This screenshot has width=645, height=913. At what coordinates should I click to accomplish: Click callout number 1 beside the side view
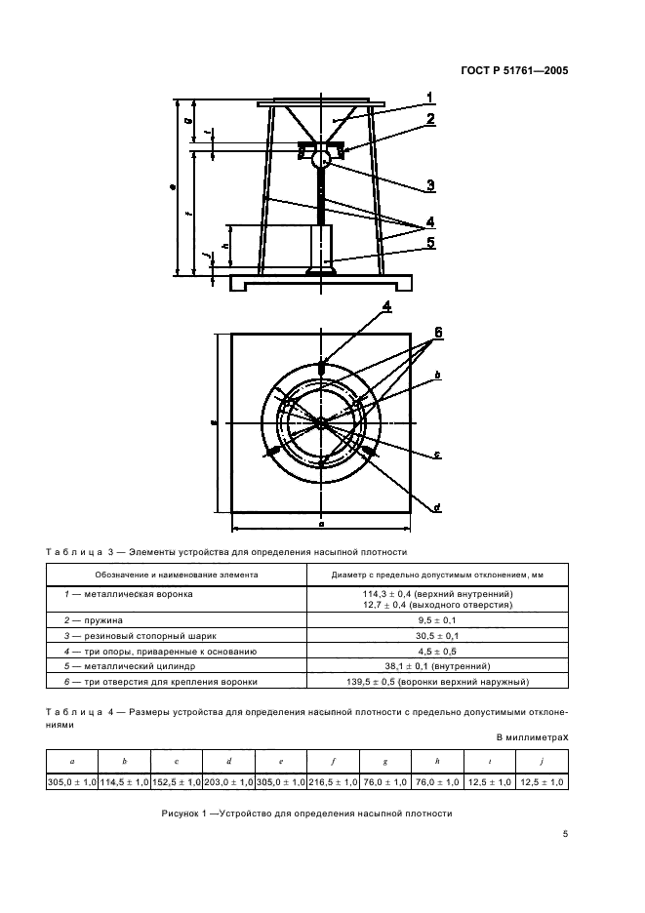(428, 97)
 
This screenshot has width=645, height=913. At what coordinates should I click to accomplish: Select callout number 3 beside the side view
(429, 184)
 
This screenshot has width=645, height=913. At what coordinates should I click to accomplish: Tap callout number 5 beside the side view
(429, 243)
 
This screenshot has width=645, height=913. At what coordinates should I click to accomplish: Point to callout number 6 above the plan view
(438, 334)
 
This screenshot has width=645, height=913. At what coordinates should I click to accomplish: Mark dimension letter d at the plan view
(436, 507)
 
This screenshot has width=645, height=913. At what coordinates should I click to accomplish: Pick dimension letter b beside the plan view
(438, 375)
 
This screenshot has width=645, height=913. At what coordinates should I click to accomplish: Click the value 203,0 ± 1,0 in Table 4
(228, 781)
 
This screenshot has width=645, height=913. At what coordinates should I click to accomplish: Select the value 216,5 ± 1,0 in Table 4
(334, 781)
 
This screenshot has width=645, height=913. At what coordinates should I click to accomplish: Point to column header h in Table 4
(438, 761)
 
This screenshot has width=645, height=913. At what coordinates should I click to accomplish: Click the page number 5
(565, 834)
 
